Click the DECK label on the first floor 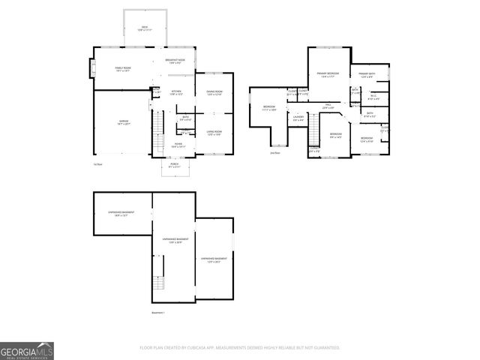coord(145,28)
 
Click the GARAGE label coord(124,121)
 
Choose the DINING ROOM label coord(214,93)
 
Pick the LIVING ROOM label coord(214,133)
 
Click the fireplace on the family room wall coord(93,70)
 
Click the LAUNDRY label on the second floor coord(298,118)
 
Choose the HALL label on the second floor coord(328,107)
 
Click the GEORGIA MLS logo coord(27,350)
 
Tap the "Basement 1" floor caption coord(158,312)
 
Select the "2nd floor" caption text coord(275,152)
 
